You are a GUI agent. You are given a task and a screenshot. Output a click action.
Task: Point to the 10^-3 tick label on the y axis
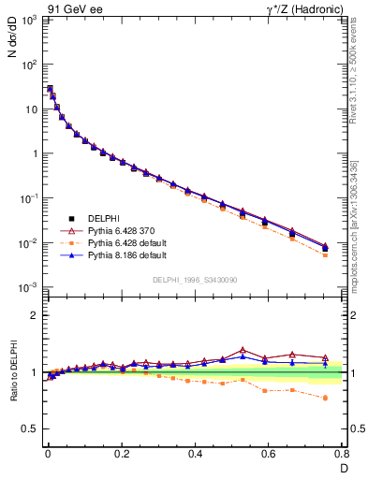[28, 287]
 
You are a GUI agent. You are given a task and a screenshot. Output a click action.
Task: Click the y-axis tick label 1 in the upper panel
[34, 153]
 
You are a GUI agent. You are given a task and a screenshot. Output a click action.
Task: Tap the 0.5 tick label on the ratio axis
[30, 428]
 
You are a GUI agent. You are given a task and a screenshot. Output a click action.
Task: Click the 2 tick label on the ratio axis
[34, 315]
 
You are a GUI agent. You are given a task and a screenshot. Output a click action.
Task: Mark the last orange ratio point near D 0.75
[325, 398]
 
